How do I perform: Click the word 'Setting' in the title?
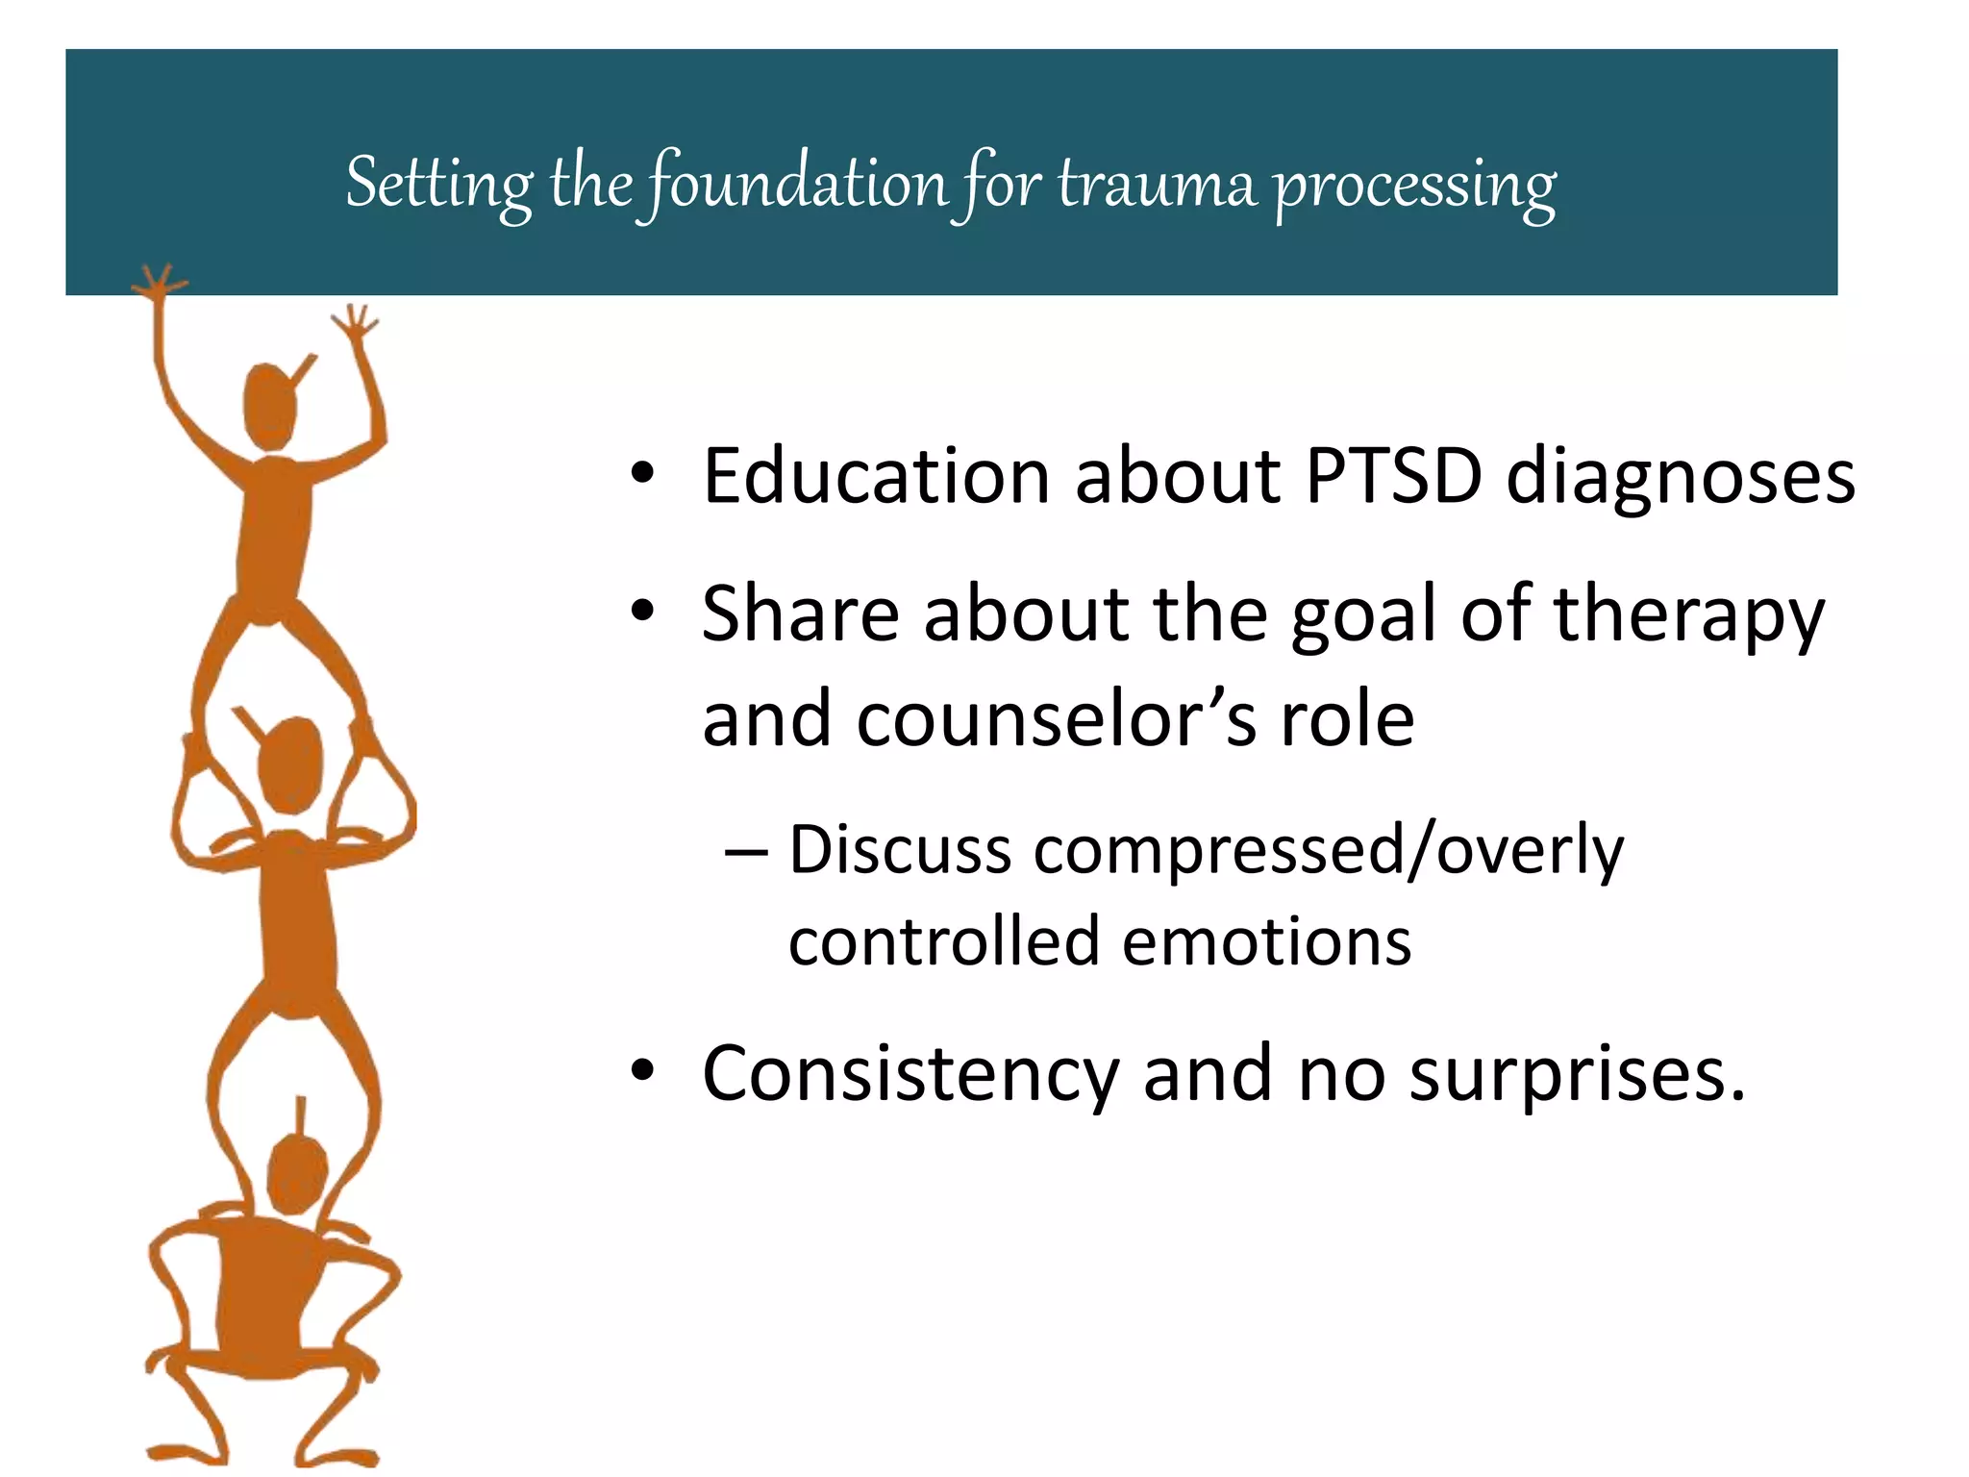pyautogui.click(x=438, y=183)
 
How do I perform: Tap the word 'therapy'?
pyautogui.click(x=1688, y=615)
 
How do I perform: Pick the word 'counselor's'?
pyautogui.click(x=1055, y=719)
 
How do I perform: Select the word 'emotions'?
pyautogui.click(x=1266, y=941)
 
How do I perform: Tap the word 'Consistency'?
pyautogui.click(x=910, y=1074)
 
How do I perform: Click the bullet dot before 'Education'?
pyautogui.click(x=642, y=473)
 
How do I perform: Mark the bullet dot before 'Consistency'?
pyautogui.click(x=642, y=1070)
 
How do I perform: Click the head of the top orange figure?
pyautogui.click(x=270, y=406)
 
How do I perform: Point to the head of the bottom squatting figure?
pyautogui.click(x=296, y=1174)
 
